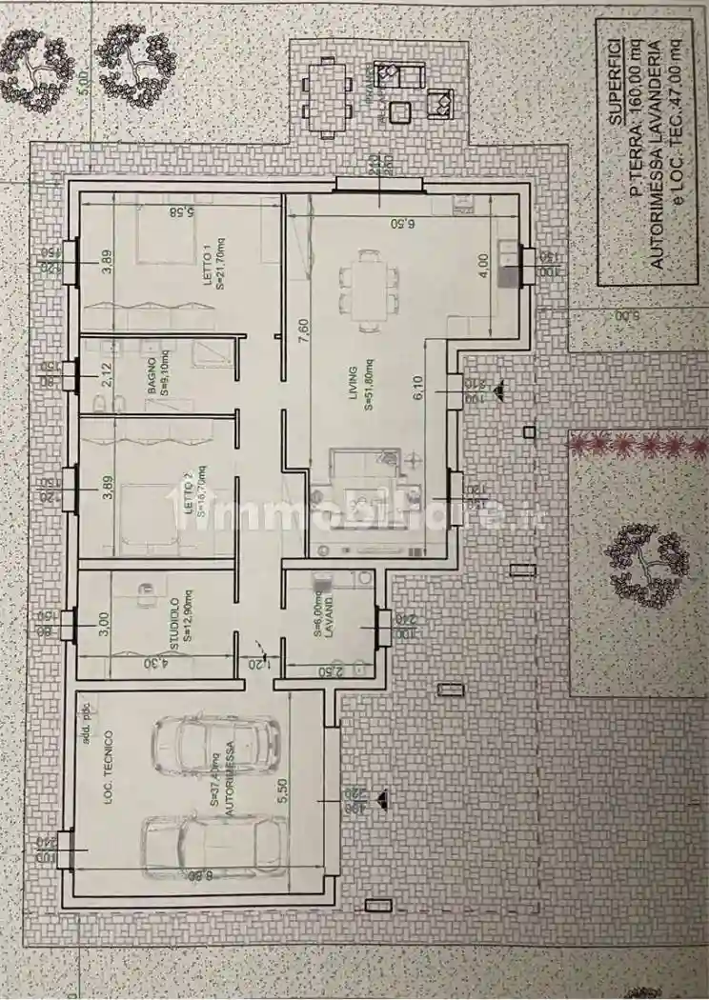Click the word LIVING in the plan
354,383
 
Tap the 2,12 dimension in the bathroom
108,375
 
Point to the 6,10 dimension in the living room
416,389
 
